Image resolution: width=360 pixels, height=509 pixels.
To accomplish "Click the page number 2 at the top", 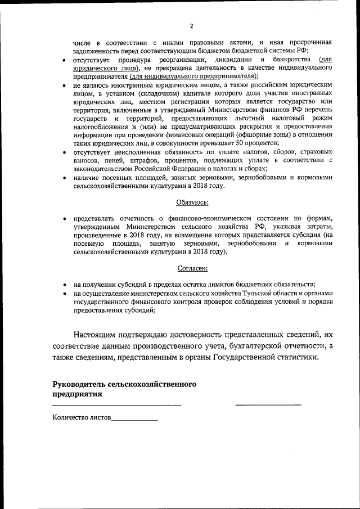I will [x=191, y=26].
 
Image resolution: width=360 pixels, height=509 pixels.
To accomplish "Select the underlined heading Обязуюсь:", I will [x=193, y=201].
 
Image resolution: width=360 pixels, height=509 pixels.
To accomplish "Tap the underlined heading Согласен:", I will [x=193, y=269].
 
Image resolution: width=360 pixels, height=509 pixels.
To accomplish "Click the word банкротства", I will [x=290, y=60].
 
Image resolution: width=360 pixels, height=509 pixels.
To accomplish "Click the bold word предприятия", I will [x=78, y=394].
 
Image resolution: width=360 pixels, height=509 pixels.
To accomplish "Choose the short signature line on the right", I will [x=268, y=404].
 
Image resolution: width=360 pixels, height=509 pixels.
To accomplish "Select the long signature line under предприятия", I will [x=117, y=404].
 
